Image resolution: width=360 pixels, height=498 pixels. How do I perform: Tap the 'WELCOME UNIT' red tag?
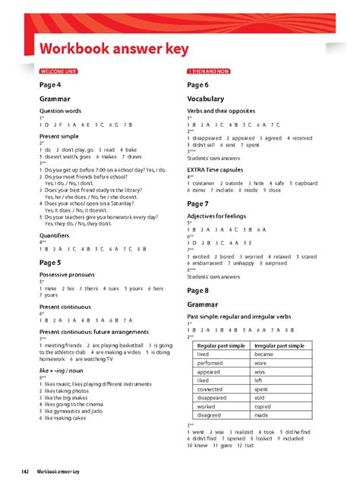click(58, 71)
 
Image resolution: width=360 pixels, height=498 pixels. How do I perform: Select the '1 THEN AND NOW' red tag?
click(208, 71)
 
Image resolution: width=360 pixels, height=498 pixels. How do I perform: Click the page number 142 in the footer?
click(25, 472)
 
